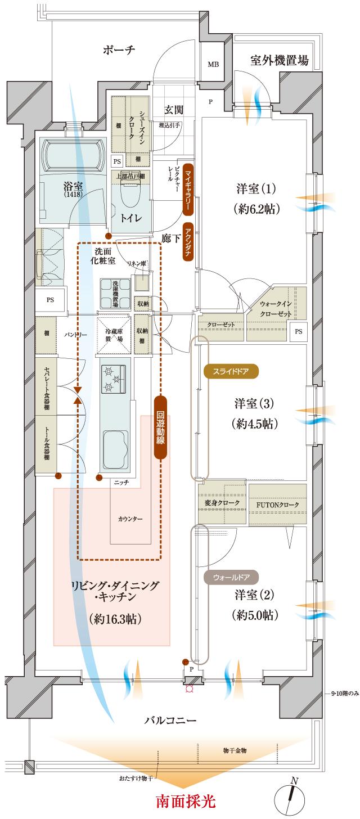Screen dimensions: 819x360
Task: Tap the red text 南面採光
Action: pos(185,800)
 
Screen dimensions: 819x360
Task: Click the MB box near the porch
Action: pos(213,65)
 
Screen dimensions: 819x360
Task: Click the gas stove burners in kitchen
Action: pos(115,380)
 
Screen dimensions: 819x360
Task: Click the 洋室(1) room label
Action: pos(256,199)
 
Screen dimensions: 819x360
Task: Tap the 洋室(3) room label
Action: pos(256,413)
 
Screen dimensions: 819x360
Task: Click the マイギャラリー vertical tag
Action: pos(188,191)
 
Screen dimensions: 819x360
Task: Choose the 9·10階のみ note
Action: pos(341,694)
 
